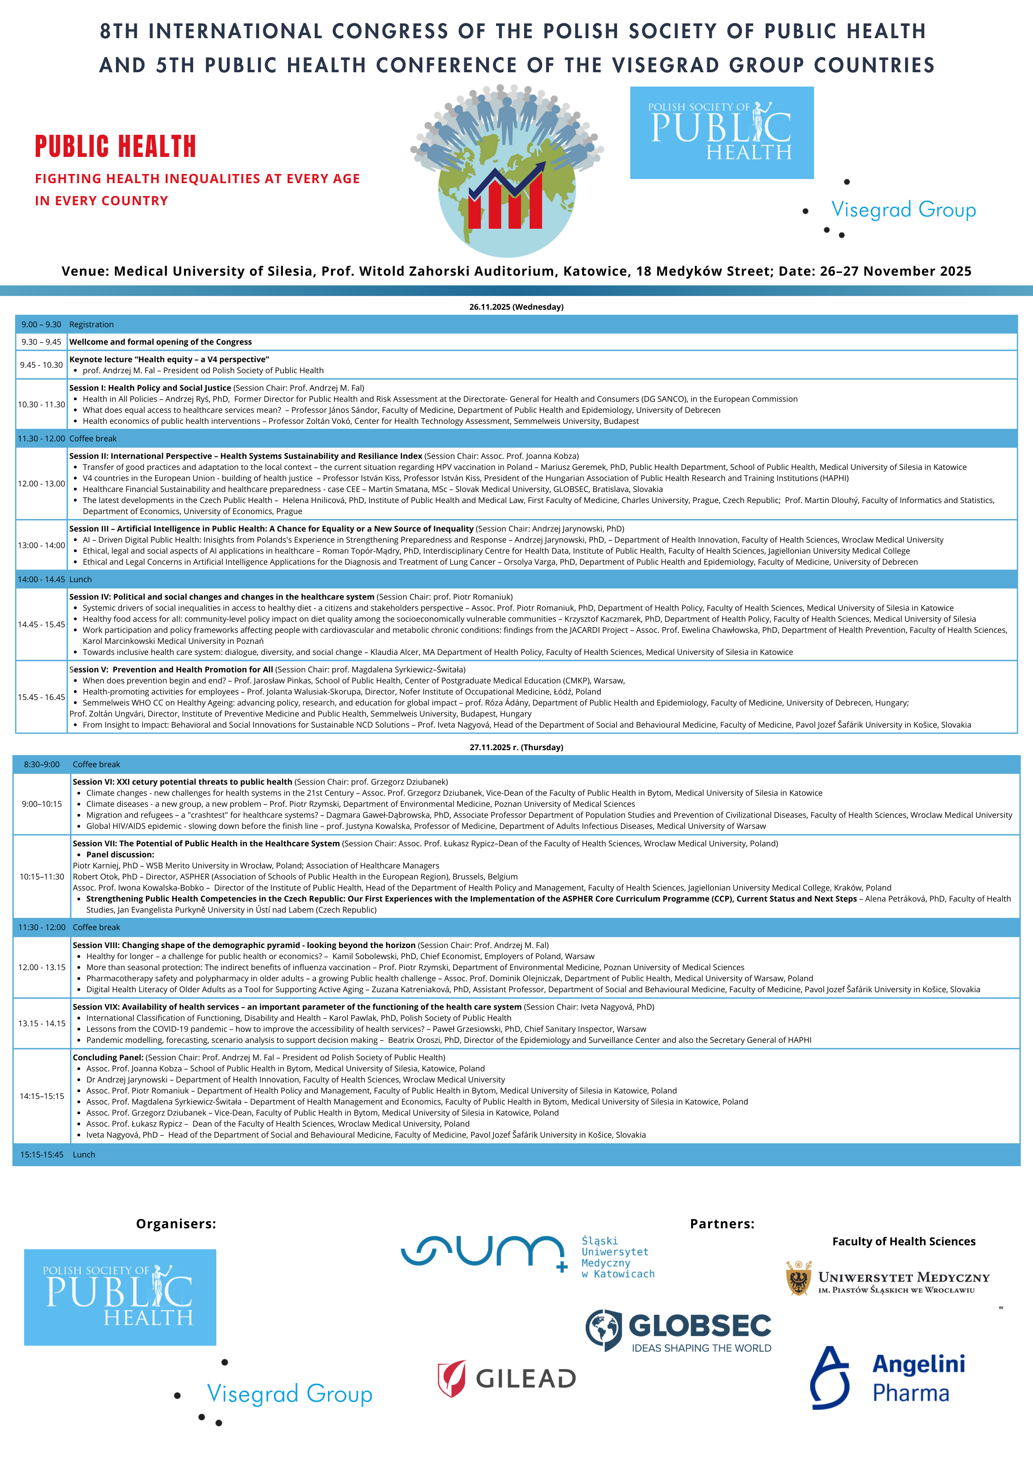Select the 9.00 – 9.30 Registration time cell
41,324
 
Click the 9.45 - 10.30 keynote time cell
41,365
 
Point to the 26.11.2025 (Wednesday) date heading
516,307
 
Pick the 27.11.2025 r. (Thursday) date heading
516,747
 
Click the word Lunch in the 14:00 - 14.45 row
81,579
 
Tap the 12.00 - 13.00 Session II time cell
41,484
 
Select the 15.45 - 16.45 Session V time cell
41,697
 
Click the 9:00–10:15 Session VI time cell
42,804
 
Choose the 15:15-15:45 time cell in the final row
42,1155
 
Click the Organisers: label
176,1223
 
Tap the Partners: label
722,1223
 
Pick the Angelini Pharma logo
887,1377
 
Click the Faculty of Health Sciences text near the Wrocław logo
904,1241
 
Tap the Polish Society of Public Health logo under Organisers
120,1297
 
